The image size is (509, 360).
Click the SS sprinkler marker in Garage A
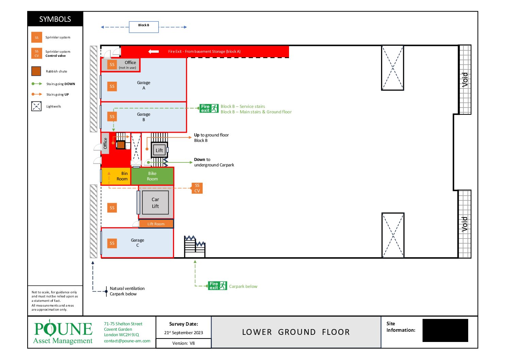[x=112, y=86]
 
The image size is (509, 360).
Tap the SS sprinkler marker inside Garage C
[x=112, y=243]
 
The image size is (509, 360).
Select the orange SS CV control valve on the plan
[x=197, y=188]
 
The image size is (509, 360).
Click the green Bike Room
[x=152, y=176]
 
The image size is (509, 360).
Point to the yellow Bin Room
[x=116, y=176]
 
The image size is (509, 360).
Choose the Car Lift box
[x=155, y=203]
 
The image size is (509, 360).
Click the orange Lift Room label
[x=156, y=224]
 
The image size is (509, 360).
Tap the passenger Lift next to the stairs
[x=159, y=150]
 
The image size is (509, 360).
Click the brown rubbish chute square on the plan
[x=121, y=145]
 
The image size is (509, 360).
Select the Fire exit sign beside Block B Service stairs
[x=209, y=109]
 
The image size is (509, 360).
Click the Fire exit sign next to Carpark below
[x=218, y=285]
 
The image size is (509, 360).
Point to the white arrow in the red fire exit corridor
[x=154, y=52]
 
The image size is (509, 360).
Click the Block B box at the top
[x=144, y=27]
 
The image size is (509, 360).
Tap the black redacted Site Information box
[x=445, y=330]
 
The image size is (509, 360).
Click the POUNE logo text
[x=63, y=328]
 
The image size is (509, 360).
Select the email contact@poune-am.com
[x=127, y=341]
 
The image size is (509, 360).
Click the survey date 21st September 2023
[x=183, y=332]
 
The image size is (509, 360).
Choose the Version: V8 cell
[x=183, y=343]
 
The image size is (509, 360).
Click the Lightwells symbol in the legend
[x=36, y=106]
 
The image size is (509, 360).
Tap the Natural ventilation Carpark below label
[x=127, y=291]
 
